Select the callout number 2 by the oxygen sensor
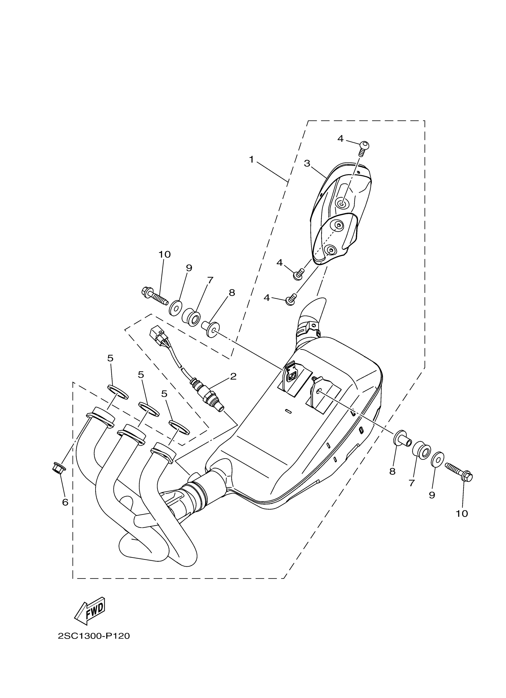[x=233, y=376]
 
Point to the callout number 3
[x=307, y=163]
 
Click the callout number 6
[x=65, y=502]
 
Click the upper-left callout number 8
[x=232, y=293]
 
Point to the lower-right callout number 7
[x=412, y=483]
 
